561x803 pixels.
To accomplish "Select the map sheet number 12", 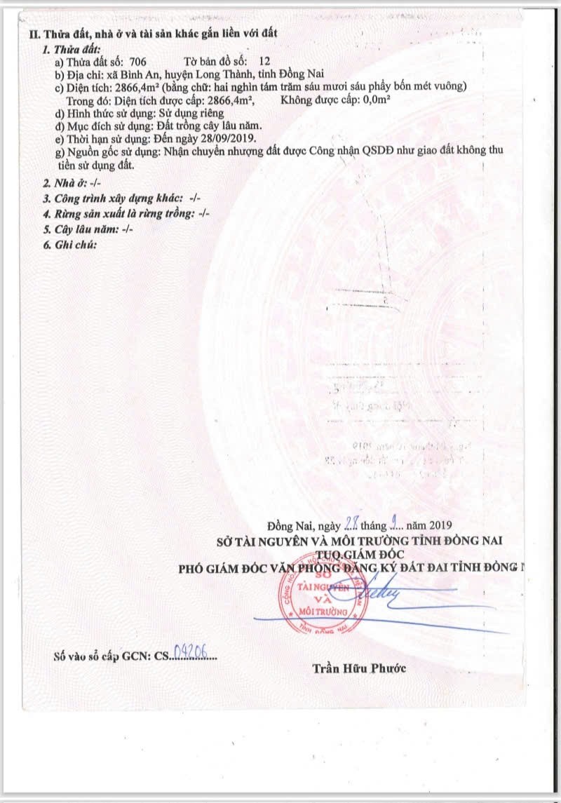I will coord(264,62).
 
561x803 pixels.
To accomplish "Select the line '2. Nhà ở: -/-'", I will coord(72,182).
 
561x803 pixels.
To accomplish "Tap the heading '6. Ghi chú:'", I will coord(69,245).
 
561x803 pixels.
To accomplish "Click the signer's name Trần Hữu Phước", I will coord(359,668).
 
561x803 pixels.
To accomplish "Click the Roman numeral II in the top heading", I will coord(33,33).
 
